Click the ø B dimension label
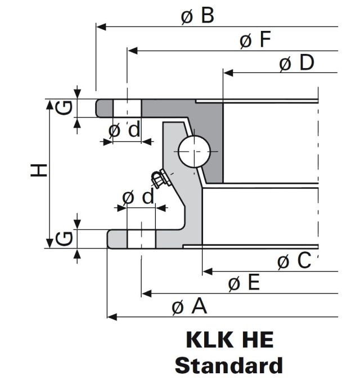[197, 16]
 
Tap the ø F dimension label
[255, 40]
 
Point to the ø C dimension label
[294, 261]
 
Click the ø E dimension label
[244, 283]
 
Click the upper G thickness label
[66, 107]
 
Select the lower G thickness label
[66, 239]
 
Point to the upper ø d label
[124, 130]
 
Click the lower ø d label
[137, 197]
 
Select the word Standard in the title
[228, 365]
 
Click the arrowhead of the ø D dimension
[227, 73]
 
